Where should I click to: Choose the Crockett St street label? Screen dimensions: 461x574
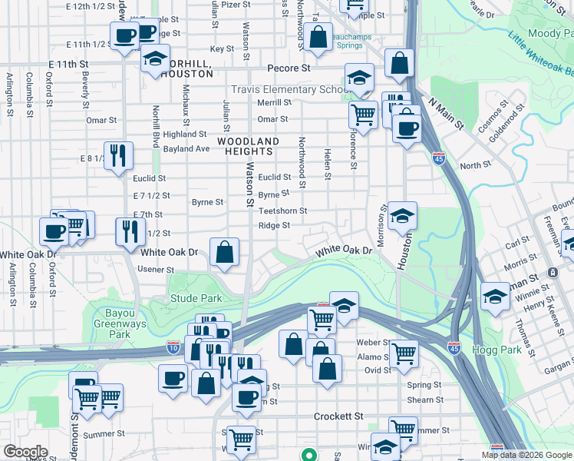338,416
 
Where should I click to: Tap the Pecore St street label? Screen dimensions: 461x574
288,68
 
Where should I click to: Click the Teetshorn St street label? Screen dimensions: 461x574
282,211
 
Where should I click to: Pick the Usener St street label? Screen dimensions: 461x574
156,270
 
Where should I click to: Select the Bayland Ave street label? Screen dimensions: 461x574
186,148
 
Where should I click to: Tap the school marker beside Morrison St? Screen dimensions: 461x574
401,215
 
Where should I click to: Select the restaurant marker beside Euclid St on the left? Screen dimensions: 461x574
119,156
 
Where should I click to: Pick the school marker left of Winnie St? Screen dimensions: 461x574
495,296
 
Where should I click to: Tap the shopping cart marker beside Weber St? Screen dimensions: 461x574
404,353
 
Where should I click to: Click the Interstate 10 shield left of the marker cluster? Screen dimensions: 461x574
173,348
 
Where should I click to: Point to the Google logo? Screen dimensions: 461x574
26,452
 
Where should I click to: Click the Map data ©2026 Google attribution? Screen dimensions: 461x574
526,455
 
